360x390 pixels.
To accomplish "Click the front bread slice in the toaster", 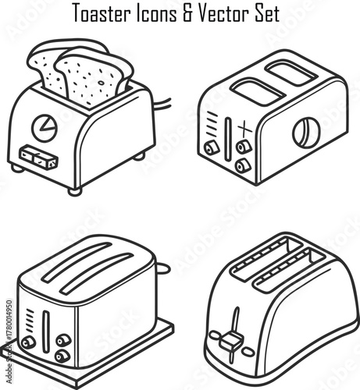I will click(x=92, y=76).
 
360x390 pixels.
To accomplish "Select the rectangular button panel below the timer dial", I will click(x=39, y=158).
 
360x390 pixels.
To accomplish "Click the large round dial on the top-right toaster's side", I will click(x=306, y=133).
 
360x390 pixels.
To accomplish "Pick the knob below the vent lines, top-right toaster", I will click(x=211, y=147).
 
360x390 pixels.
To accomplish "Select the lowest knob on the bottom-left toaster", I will click(x=62, y=356).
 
